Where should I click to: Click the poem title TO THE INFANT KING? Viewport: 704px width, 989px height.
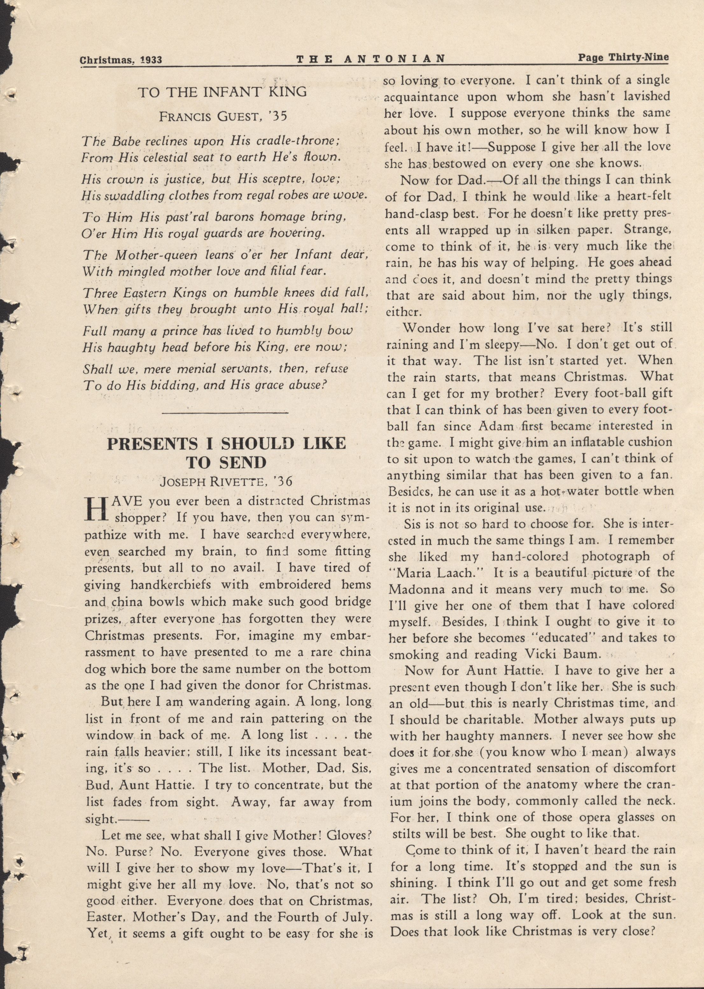(x=222, y=92)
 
